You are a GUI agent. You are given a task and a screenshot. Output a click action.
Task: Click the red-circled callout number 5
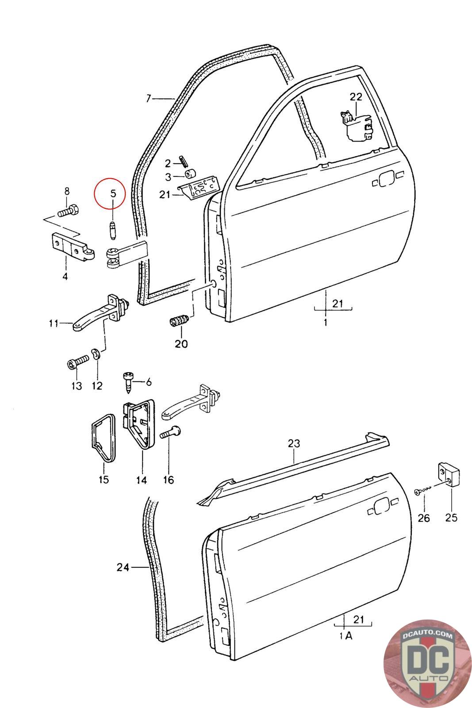click(113, 193)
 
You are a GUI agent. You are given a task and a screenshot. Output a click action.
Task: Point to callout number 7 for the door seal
click(149, 98)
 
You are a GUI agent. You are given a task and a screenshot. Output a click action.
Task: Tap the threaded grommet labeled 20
click(179, 320)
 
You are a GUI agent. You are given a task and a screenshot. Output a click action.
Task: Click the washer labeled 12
click(95, 354)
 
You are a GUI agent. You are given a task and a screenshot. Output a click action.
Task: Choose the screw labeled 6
click(128, 382)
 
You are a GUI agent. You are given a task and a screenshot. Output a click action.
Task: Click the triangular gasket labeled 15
click(104, 438)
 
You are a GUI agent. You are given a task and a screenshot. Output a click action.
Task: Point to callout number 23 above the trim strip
click(293, 443)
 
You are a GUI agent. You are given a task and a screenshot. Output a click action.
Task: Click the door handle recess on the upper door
click(387, 179)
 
